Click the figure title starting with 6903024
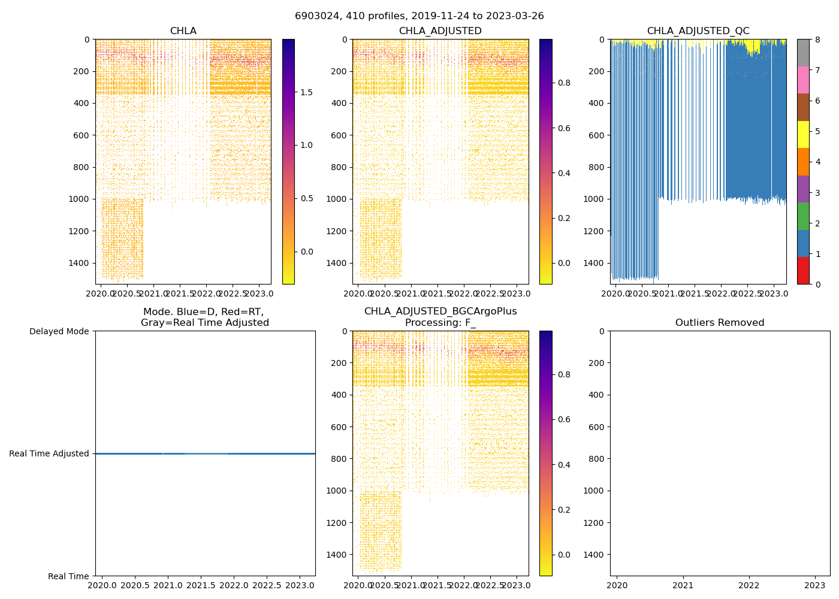(x=419, y=16)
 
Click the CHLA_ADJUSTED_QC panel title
(x=698, y=31)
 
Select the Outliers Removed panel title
(x=720, y=323)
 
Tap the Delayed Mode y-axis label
(x=59, y=331)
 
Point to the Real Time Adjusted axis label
(x=49, y=453)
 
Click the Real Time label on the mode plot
(x=68, y=576)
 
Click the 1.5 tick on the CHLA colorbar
(x=306, y=92)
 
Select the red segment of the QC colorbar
(x=803, y=270)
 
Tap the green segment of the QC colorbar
(x=803, y=216)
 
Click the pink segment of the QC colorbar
(x=803, y=80)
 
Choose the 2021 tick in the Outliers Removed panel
(x=683, y=585)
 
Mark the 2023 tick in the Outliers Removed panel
(x=814, y=585)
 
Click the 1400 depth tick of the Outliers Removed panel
(x=594, y=555)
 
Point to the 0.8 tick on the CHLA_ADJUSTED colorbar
(x=564, y=83)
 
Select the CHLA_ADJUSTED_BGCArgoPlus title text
(x=440, y=311)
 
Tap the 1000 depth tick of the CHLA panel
(x=80, y=199)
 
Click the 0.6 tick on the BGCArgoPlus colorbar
(x=564, y=419)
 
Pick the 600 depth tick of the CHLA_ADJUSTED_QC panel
(x=594, y=135)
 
